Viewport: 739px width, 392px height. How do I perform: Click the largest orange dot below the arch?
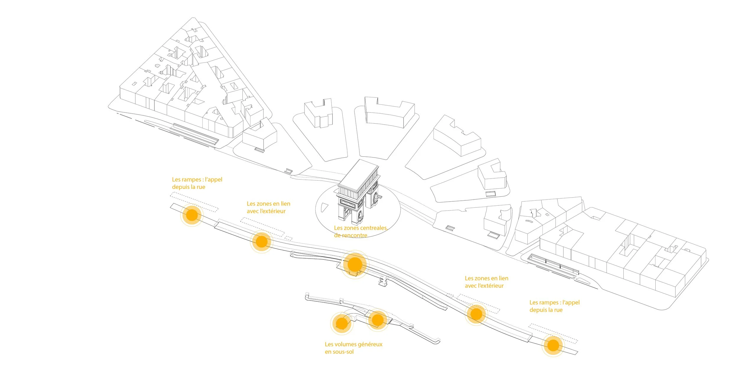(355, 264)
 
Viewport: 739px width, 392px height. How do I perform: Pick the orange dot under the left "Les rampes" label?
(192, 215)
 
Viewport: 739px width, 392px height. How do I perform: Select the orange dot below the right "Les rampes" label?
(553, 345)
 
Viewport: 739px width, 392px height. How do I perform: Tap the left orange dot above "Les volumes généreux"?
(342, 323)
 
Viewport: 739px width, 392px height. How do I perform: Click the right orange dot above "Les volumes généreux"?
(377, 320)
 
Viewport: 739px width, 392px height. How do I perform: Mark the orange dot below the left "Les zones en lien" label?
(261, 242)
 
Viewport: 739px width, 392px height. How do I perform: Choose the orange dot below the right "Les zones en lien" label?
(476, 314)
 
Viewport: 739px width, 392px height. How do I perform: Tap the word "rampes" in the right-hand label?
(549, 303)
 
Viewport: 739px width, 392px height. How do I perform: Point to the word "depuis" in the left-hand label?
(181, 187)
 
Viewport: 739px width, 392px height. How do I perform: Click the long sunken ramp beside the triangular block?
(195, 134)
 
